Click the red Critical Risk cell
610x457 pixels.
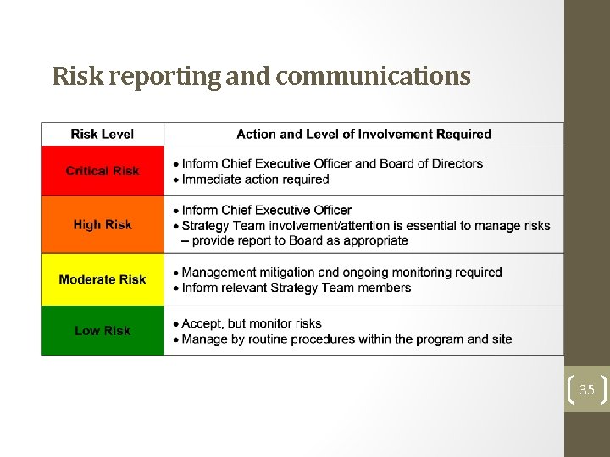click(103, 171)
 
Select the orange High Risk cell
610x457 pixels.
click(103, 225)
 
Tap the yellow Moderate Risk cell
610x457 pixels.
click(103, 279)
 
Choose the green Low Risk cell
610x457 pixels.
click(103, 331)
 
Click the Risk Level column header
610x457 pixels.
click(103, 134)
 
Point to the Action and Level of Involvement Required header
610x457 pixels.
click(363, 134)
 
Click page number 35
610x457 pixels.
click(586, 390)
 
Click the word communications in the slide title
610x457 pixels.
click(373, 77)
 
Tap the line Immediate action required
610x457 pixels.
click(255, 179)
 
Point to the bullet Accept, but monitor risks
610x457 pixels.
click(252, 323)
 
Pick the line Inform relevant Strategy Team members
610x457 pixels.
click(296, 288)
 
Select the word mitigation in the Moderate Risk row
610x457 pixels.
click(280, 273)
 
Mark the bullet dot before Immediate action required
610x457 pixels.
click(175, 180)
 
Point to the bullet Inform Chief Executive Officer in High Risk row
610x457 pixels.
click(266, 210)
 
